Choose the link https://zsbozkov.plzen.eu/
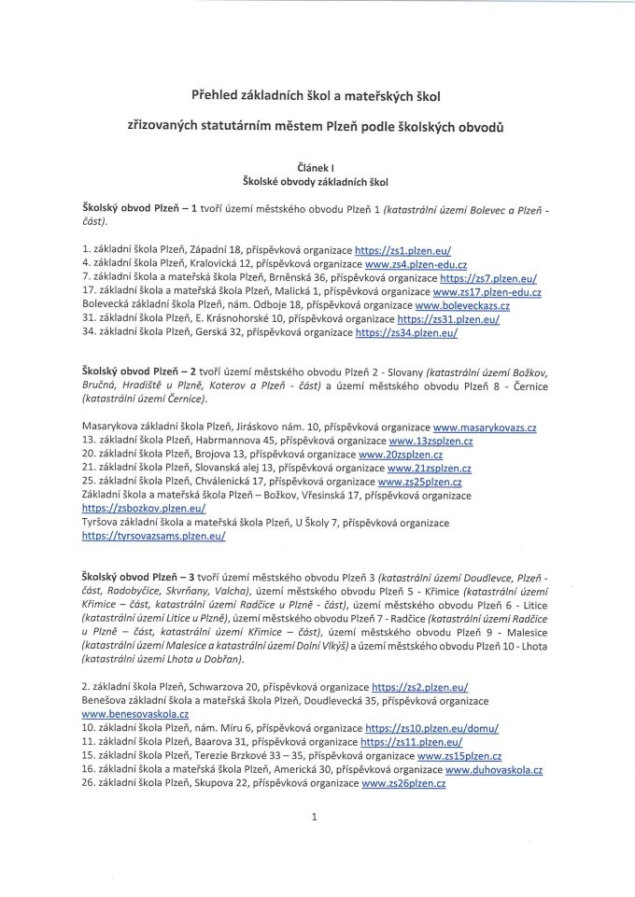(x=144, y=510)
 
